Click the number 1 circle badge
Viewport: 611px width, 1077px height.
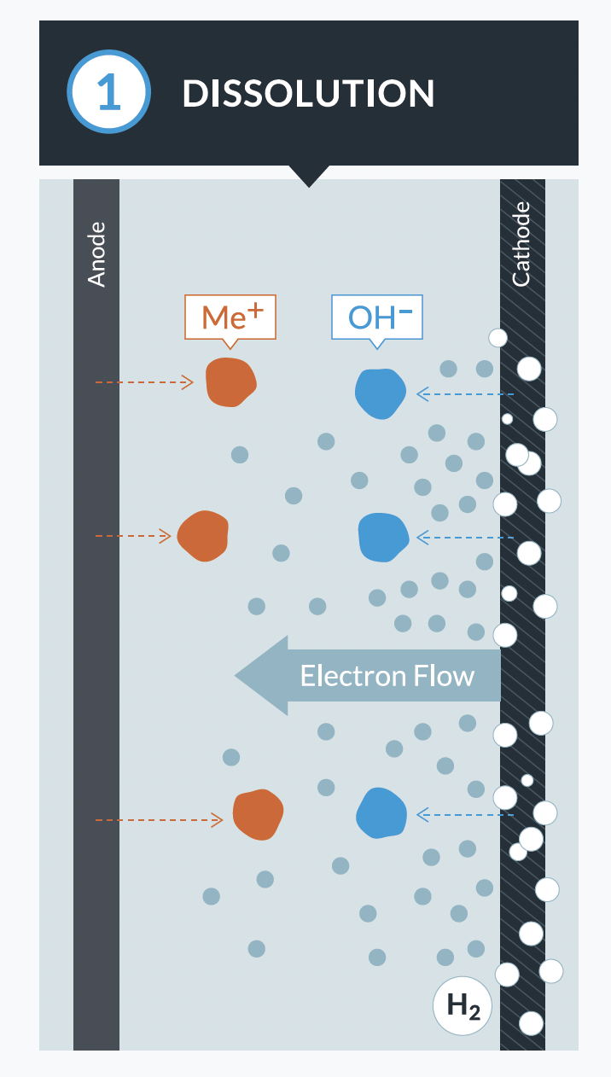[x=109, y=92]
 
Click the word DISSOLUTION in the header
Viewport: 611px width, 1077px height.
[x=308, y=94]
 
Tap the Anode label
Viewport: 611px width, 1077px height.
[x=96, y=253]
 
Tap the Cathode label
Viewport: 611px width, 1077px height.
[x=521, y=244]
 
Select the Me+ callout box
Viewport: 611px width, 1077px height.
[x=230, y=317]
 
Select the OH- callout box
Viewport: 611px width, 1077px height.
[x=377, y=317]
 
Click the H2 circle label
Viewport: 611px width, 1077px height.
[x=463, y=1005]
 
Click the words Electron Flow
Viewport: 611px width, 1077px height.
[x=387, y=676]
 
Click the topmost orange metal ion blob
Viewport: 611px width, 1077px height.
[x=230, y=381]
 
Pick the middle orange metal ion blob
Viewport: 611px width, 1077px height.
[x=203, y=536]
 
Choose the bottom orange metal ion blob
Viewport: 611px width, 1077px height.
[x=258, y=814]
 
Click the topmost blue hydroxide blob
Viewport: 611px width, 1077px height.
[x=380, y=393]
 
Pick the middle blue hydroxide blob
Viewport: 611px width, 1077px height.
[x=384, y=537]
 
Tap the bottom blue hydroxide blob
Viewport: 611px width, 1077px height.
[x=381, y=812]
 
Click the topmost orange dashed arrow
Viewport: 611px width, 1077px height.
[x=143, y=382]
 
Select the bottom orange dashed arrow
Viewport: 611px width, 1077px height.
[x=158, y=820]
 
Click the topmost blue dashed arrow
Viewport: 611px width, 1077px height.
[x=465, y=394]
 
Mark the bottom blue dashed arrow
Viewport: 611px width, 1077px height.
[x=465, y=815]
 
